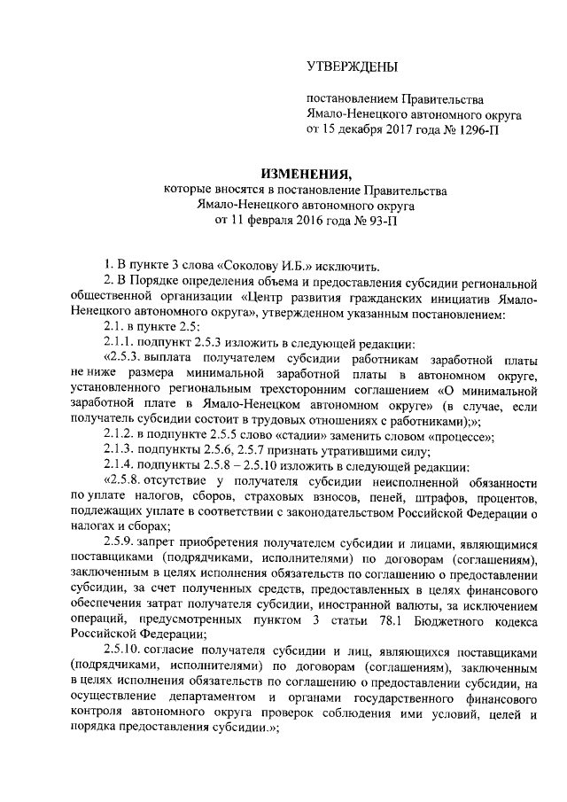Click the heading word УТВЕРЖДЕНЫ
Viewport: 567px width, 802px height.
click(352, 66)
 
